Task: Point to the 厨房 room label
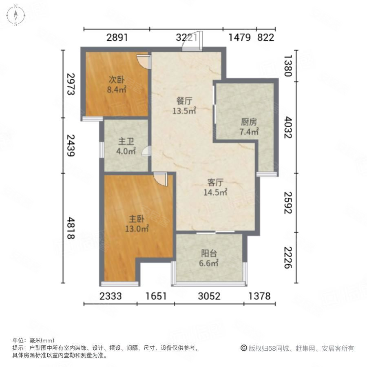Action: [x=249, y=122]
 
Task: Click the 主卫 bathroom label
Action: [x=126, y=141]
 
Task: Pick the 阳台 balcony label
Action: [x=208, y=254]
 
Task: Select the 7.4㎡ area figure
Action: [x=249, y=132]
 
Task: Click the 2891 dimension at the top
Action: [x=117, y=38]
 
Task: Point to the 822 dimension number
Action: [x=266, y=38]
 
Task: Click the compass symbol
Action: [x=15, y=15]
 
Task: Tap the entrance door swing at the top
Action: [x=192, y=42]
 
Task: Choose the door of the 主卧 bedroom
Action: [x=161, y=179]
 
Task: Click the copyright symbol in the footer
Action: [x=243, y=348]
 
